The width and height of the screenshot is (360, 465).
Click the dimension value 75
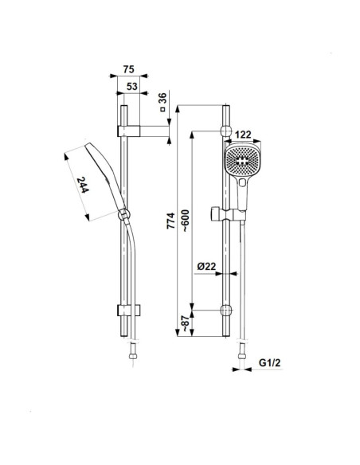(129, 69)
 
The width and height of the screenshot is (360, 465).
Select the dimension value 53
(132, 86)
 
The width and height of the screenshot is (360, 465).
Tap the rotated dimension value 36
(162, 98)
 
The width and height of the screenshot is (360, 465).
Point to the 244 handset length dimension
(83, 185)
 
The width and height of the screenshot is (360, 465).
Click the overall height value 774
(170, 221)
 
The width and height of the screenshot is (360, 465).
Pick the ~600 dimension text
(185, 221)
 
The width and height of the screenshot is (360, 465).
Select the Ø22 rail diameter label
(207, 266)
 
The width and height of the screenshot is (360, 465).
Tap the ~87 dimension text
(185, 323)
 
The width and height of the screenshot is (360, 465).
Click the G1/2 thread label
(269, 362)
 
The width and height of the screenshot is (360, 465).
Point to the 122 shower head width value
(243, 135)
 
